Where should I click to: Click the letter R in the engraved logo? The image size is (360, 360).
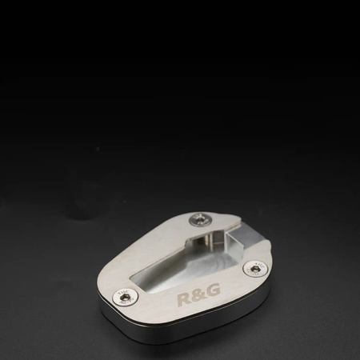coord(184,298)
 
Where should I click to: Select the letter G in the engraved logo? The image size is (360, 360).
coord(213,290)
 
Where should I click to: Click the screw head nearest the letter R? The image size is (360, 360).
coord(126,297)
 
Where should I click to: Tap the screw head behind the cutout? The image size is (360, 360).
coord(201,221)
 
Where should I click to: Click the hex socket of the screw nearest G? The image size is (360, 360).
coord(254,268)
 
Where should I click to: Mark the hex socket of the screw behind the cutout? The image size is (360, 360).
coord(201,221)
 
